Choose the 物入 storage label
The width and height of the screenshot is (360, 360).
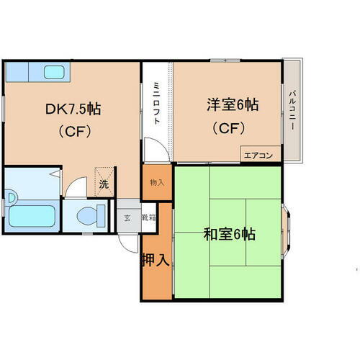tap(157, 183)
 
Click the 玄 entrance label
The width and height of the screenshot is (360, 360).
tap(127, 217)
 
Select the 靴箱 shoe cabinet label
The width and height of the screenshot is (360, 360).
tap(148, 217)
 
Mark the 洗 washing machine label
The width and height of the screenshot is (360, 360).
tap(104, 184)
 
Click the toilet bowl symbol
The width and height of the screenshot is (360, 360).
tap(89, 214)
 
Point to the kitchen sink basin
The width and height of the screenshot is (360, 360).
tap(55, 72)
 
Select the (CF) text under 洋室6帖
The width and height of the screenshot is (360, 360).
tap(228, 129)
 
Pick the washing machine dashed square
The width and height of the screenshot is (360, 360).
tap(104, 179)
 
